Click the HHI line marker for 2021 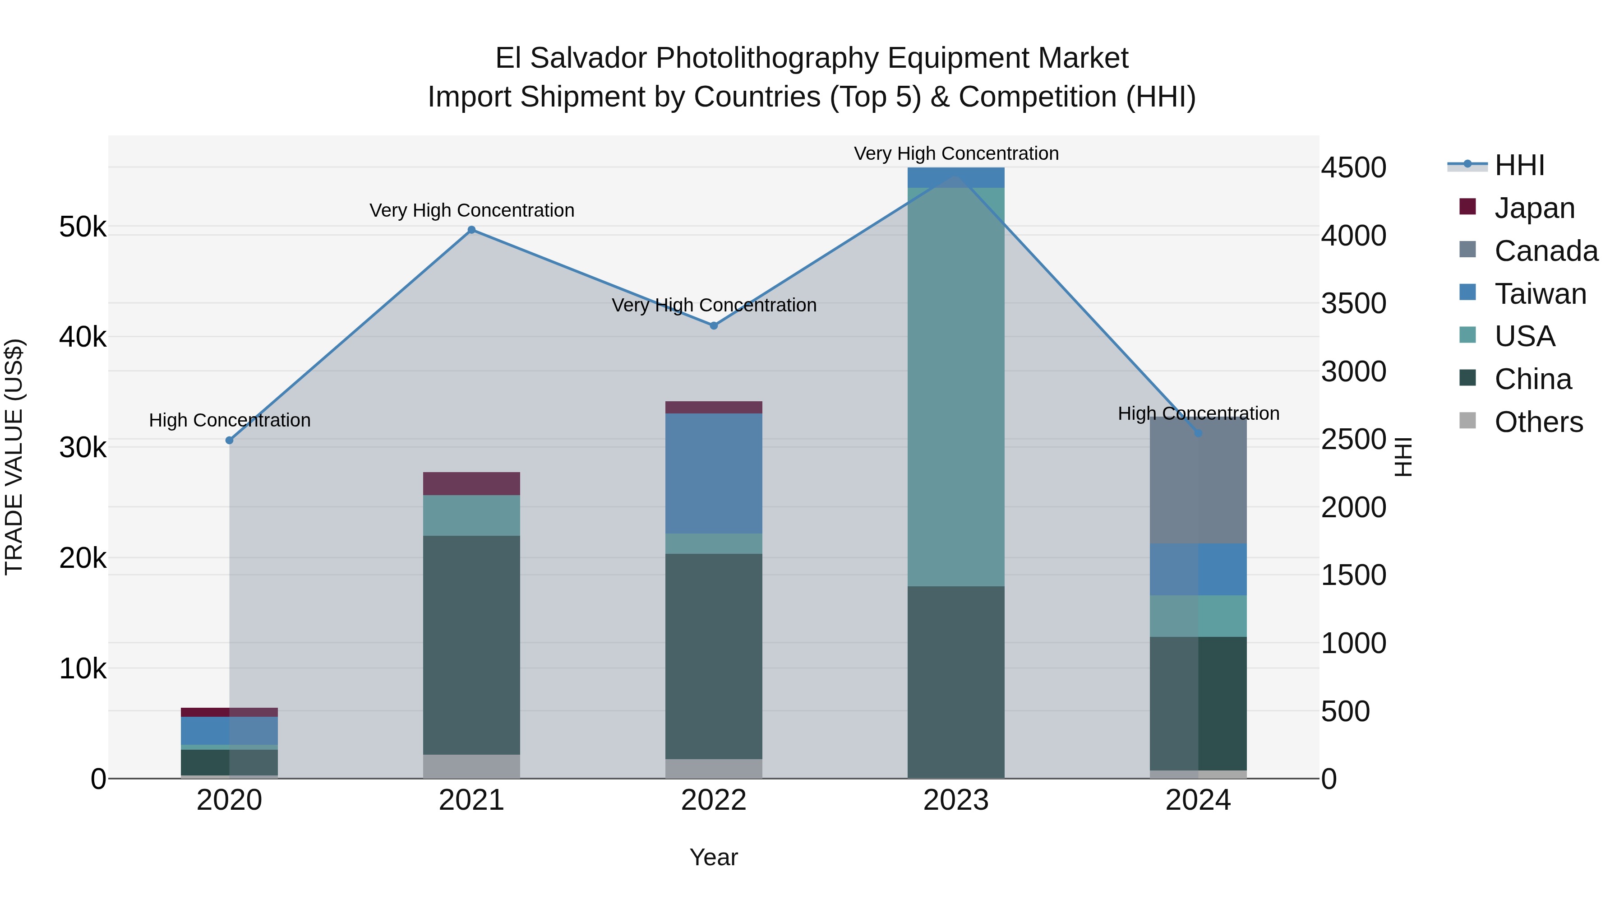click(x=471, y=230)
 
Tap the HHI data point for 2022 click(x=714, y=325)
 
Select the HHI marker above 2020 click(x=230, y=440)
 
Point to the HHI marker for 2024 click(x=1199, y=433)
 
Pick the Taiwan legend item click(x=1540, y=294)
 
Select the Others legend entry click(x=1538, y=422)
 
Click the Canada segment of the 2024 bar click(x=1199, y=479)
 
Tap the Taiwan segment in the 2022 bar click(x=714, y=473)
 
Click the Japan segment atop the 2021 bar click(x=471, y=483)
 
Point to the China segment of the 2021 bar click(x=471, y=645)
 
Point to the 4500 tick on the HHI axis click(x=1353, y=168)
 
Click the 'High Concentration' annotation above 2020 click(x=230, y=420)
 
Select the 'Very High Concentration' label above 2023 click(x=956, y=153)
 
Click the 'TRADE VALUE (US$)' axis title click(x=14, y=457)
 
